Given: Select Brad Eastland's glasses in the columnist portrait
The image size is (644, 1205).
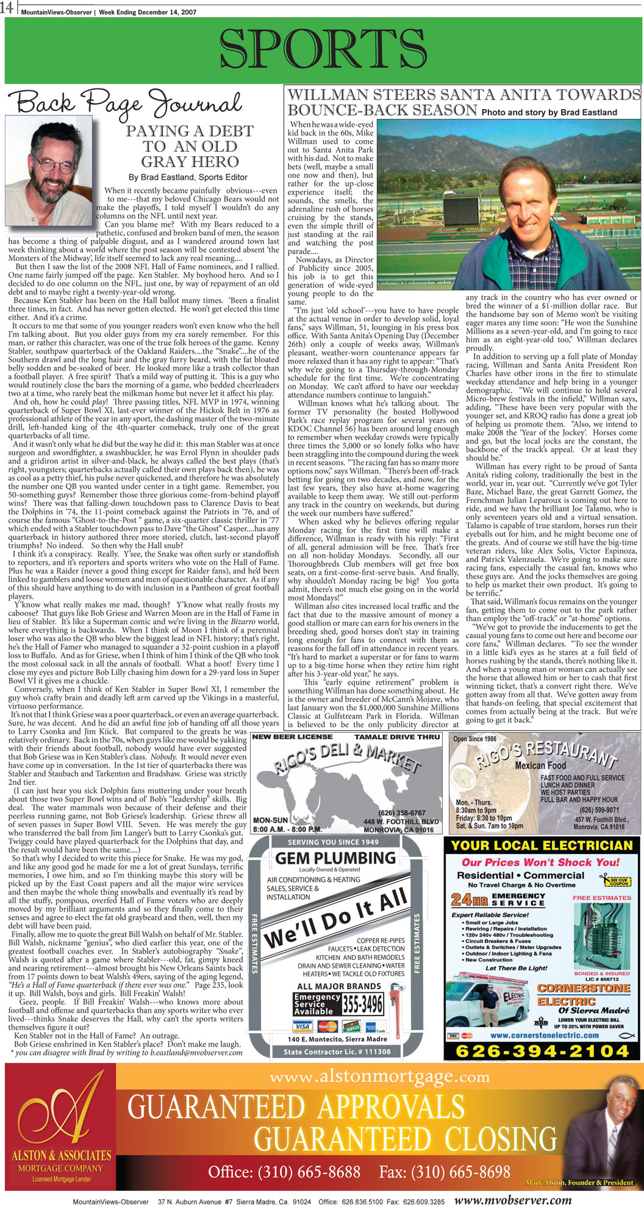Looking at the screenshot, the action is tap(54, 164).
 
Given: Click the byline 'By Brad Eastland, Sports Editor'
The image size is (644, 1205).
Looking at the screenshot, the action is tap(188, 177).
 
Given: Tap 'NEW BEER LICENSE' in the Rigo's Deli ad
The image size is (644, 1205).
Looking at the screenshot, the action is tap(292, 737).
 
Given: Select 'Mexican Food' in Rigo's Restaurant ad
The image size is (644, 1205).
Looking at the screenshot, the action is tap(540, 765).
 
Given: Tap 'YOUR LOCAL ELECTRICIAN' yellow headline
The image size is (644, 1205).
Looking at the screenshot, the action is tap(542, 845).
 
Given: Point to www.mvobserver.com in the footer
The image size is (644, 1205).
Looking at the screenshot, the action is tap(513, 1200).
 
